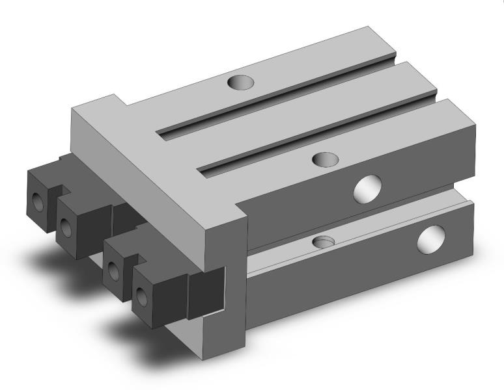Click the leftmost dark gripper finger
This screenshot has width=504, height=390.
[x=41, y=195]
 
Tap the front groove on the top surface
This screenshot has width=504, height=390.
[x=319, y=136]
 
